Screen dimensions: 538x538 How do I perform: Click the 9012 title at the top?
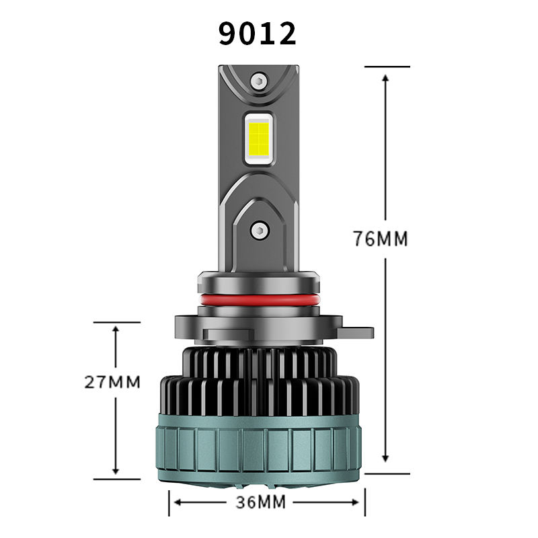(258, 33)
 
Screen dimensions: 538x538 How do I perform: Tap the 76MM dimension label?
(381, 239)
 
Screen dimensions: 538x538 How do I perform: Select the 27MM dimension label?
(112, 382)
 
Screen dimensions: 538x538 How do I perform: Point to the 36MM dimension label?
(261, 502)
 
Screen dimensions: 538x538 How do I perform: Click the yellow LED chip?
(259, 138)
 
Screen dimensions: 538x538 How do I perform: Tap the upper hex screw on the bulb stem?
(259, 81)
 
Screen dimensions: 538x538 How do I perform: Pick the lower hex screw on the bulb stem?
(259, 230)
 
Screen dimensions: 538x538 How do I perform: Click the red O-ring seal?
(259, 300)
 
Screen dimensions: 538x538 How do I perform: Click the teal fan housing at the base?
(259, 449)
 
